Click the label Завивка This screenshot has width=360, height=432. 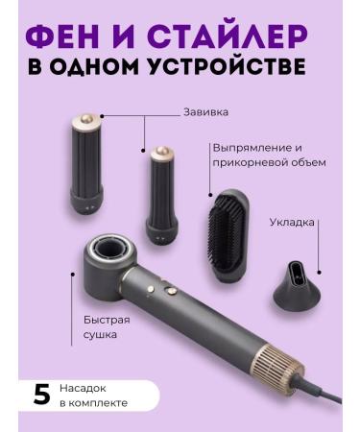205,111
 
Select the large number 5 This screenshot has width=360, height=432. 40,396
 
